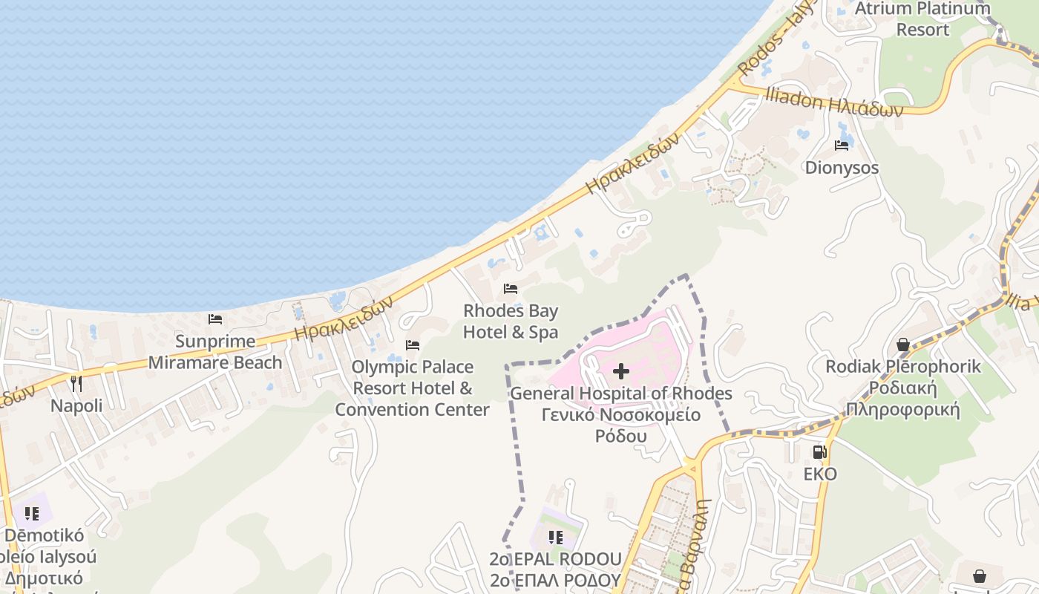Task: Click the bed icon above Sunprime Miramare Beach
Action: tap(215, 319)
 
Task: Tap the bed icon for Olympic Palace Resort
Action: tap(413, 345)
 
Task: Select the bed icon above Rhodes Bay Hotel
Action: tap(511, 288)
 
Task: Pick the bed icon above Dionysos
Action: tap(842, 146)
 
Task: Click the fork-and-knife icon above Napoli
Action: tap(76, 383)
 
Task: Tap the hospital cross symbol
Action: tap(621, 371)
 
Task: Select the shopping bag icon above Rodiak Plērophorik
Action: tap(903, 345)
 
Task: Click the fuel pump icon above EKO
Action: tap(819, 451)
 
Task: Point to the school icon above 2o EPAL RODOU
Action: tap(555, 537)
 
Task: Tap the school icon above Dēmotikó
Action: tap(31, 513)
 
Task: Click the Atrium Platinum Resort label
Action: tap(922, 19)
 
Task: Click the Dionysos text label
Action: tap(842, 168)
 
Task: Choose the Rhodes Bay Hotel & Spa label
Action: tap(511, 322)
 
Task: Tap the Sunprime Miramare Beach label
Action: tap(215, 352)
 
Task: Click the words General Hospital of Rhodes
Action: tap(621, 394)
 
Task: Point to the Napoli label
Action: tap(76, 406)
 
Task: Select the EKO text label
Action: tap(819, 474)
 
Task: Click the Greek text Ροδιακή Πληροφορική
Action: tap(903, 399)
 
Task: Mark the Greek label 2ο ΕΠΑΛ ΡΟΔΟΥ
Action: tap(555, 580)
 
